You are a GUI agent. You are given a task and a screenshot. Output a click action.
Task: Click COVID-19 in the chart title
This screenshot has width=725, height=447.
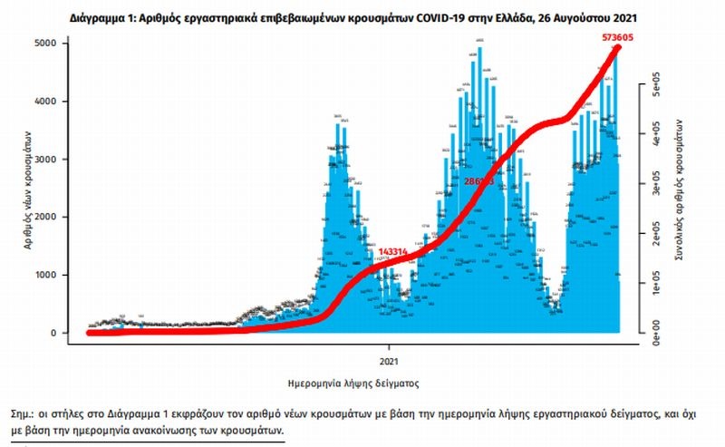[x=423, y=15]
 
